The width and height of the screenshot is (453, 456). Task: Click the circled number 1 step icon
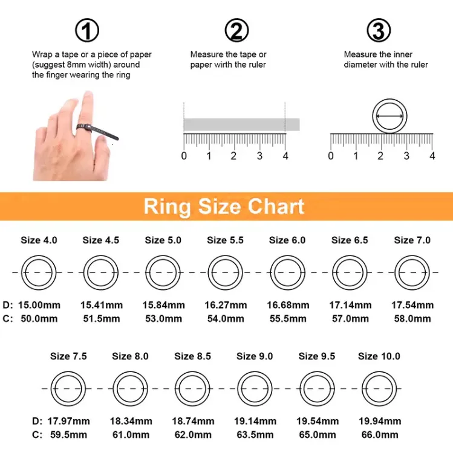click(87, 30)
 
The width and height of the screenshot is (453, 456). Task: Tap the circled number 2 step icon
click(236, 30)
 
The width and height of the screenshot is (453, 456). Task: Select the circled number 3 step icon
click(379, 30)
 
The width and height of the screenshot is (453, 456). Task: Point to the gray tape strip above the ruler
click(242, 125)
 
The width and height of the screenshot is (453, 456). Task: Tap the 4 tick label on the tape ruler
click(285, 156)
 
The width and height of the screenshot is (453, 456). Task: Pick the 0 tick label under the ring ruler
click(331, 156)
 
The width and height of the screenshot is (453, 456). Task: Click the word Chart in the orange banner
click(276, 207)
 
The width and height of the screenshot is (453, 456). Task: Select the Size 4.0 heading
click(39, 240)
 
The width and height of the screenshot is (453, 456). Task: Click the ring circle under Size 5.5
click(226, 255)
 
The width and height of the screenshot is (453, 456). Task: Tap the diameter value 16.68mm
click(288, 305)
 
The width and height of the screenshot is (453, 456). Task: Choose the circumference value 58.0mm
click(412, 319)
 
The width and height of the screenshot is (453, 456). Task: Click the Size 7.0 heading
click(412, 240)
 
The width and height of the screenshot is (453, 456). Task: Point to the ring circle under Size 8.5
click(192, 371)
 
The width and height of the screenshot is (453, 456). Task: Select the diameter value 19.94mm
click(380, 421)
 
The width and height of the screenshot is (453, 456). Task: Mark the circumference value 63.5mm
click(255, 435)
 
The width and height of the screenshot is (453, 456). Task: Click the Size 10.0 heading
click(379, 356)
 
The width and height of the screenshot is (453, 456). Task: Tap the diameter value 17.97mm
click(69, 421)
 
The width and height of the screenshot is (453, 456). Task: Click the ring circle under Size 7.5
click(68, 371)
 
